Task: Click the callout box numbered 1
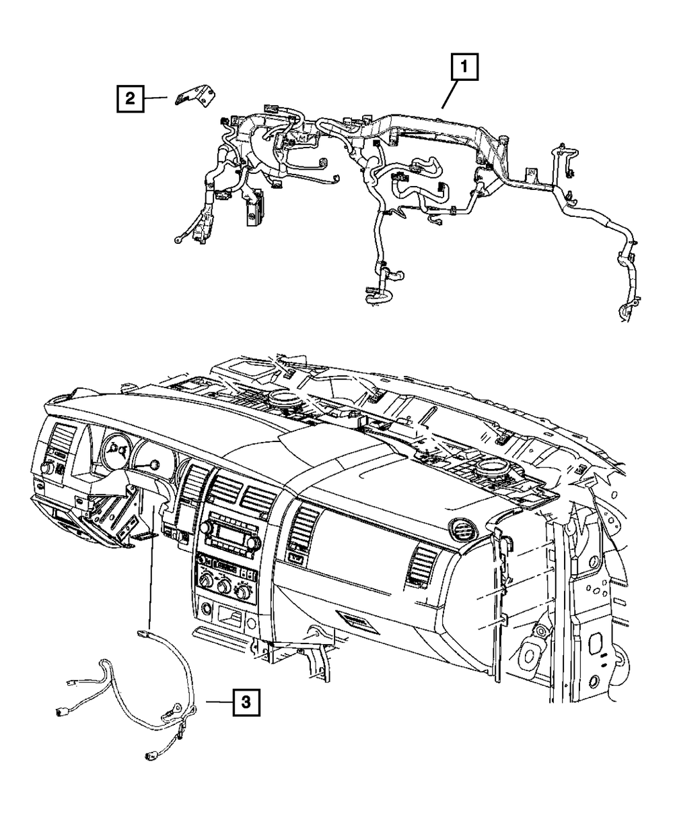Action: pos(465,69)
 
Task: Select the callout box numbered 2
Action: pos(129,100)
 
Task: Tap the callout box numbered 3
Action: pos(246,703)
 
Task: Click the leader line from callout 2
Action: pos(155,99)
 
